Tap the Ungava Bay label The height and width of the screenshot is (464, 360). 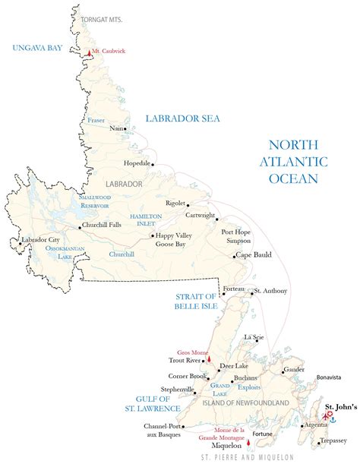click(x=36, y=47)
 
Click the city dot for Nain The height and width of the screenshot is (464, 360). click(x=126, y=128)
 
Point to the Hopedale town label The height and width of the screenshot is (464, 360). click(x=137, y=163)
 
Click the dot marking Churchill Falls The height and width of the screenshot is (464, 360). click(x=80, y=226)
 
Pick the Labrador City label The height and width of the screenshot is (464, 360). click(x=40, y=240)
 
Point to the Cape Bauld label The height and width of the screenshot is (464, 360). click(x=254, y=256)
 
